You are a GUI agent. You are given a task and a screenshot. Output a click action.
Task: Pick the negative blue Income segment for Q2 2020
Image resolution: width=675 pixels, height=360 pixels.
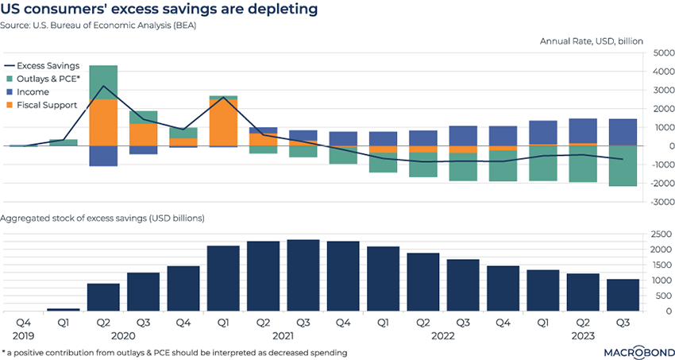tap(103, 156)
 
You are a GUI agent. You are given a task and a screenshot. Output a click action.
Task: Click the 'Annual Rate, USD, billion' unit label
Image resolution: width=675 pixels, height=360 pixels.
tap(591, 41)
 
